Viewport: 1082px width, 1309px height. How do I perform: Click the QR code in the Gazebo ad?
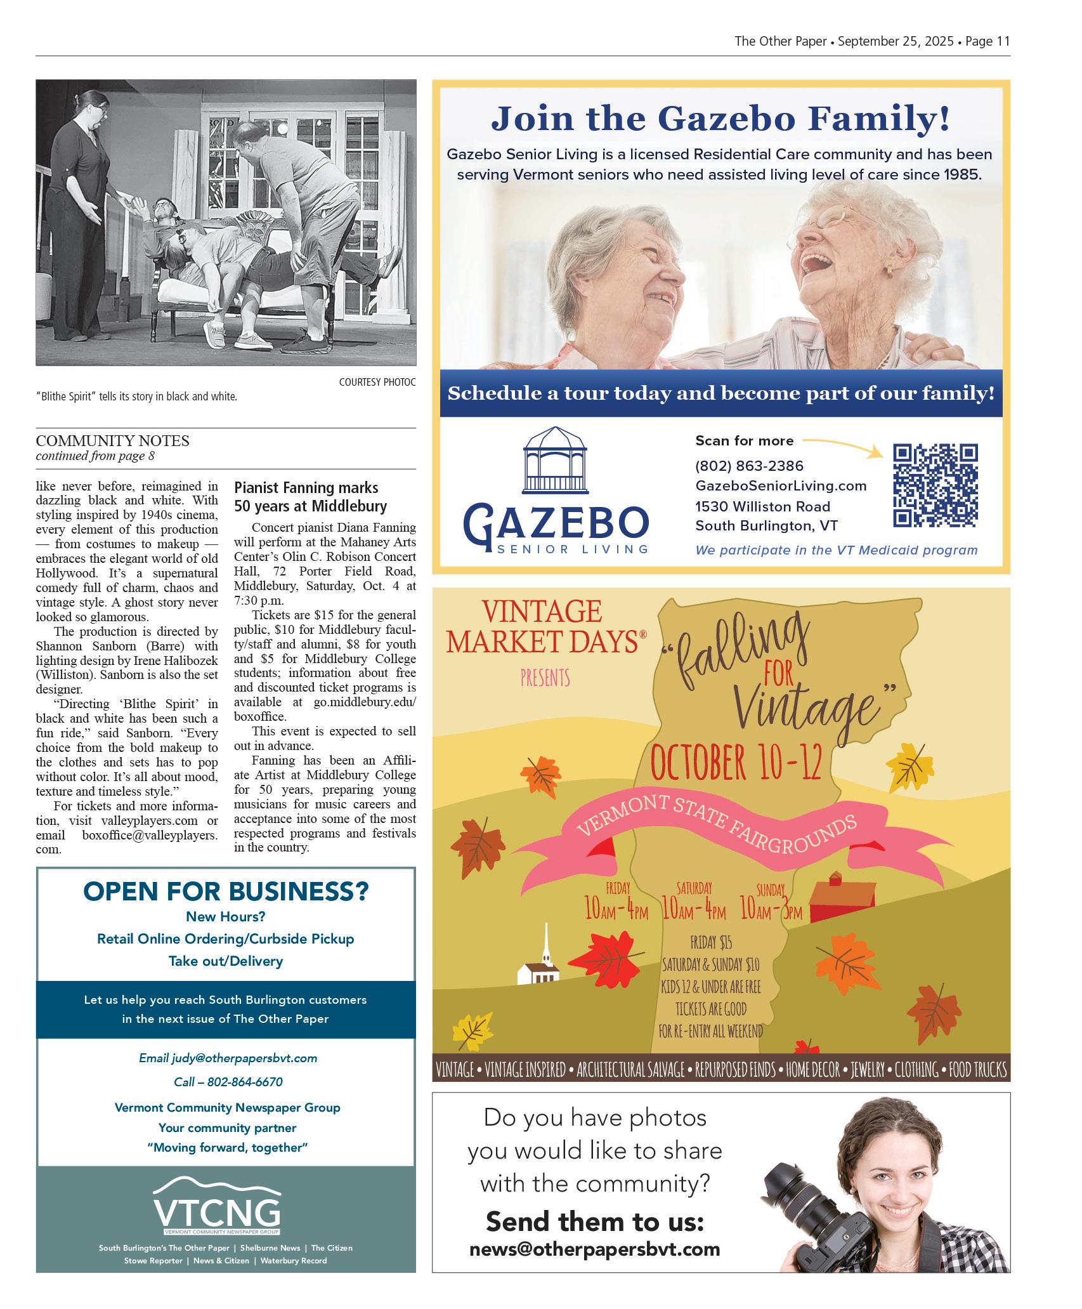(x=935, y=485)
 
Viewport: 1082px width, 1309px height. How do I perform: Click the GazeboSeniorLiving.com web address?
(x=781, y=486)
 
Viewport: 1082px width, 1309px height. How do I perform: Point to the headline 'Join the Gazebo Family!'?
(x=720, y=119)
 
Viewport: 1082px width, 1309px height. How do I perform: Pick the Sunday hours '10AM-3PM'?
(x=771, y=912)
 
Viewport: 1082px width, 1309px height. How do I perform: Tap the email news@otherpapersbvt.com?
(x=594, y=1249)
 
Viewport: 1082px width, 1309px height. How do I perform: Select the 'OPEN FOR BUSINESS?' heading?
(x=226, y=891)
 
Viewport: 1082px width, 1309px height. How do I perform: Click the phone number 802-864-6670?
(x=228, y=1082)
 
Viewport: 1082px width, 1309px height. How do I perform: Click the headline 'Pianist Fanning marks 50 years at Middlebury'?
(x=310, y=497)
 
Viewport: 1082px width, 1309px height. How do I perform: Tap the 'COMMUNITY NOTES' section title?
(x=112, y=440)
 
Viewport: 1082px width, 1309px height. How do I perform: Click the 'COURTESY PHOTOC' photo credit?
(x=377, y=382)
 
